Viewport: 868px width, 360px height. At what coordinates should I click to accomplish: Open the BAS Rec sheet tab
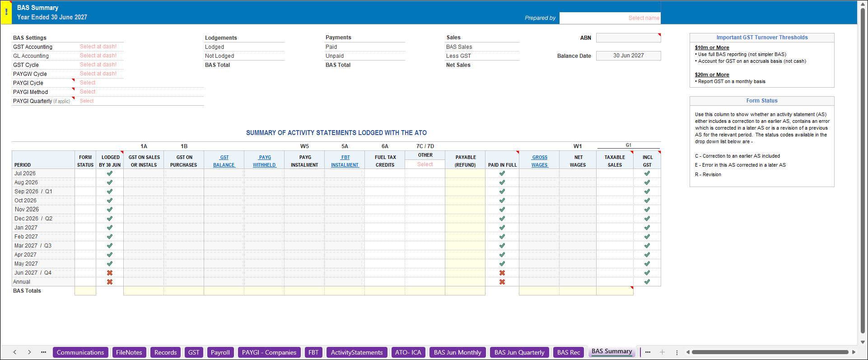568,352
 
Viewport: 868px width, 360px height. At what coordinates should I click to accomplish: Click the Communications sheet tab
80,352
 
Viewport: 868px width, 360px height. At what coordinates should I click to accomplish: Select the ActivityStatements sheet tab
357,352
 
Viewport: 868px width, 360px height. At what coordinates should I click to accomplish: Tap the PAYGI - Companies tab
269,352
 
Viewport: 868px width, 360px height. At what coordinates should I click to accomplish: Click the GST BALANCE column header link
224,161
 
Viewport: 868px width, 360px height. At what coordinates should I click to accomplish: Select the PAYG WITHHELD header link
264,161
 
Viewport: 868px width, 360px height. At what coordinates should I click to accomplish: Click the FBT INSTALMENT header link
345,161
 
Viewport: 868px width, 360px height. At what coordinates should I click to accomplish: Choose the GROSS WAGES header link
540,161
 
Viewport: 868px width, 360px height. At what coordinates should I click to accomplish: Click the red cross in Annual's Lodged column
110,282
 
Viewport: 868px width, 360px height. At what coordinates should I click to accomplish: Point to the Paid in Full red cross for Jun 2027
502,273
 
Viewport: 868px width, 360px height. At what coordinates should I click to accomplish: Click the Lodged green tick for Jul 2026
110,173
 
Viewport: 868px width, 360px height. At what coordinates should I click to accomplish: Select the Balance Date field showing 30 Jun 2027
628,56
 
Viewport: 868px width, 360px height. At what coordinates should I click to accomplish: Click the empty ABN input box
628,38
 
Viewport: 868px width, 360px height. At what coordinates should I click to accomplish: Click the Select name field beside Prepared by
610,18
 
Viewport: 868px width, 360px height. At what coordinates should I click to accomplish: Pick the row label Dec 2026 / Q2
33,219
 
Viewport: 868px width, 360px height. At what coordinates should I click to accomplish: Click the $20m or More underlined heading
712,75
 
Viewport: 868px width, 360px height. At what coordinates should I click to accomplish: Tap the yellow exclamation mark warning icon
6,12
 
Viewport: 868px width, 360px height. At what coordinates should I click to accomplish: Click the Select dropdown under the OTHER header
425,164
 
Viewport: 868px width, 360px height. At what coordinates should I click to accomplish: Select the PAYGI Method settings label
30,92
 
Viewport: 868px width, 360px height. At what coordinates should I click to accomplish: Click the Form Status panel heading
762,101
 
